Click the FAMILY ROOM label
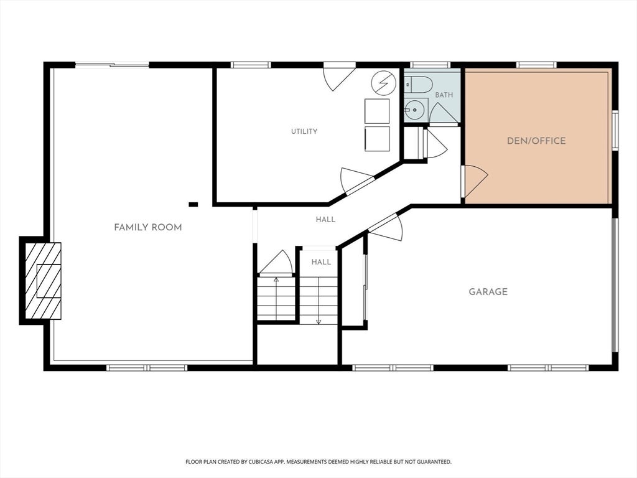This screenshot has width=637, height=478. tap(148, 228)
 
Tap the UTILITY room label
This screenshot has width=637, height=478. tap(304, 131)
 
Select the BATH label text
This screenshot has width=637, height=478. tap(444, 95)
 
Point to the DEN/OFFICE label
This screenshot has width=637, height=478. tap(536, 141)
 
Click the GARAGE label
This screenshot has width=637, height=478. tap(488, 292)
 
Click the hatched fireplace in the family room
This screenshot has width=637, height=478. tap(44, 281)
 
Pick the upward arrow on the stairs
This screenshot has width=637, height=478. tap(276, 298)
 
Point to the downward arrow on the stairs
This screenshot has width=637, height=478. tap(318, 301)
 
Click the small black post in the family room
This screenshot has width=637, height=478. tap(193, 204)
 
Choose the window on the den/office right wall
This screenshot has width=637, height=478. tap(615, 131)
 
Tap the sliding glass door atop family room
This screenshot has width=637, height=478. tap(113, 64)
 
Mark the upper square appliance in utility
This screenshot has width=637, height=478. tap(377, 111)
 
